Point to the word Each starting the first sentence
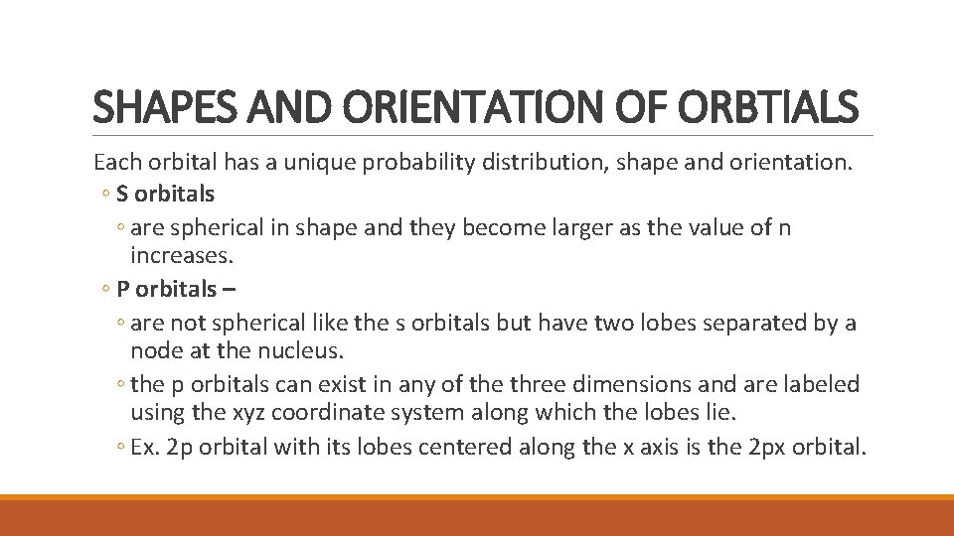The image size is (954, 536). coord(116,163)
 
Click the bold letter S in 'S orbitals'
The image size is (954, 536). coord(122,194)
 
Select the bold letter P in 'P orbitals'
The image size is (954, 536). coord(122,290)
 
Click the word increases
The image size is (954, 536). coord(181,256)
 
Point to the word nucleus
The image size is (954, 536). coord(308,351)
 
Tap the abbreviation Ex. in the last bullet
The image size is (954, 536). coord(145,447)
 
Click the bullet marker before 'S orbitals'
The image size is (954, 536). coord(106,195)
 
